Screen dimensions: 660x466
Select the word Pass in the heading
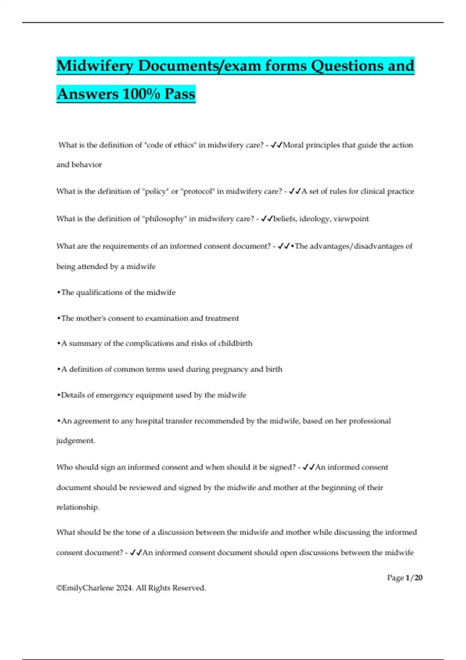coord(179,94)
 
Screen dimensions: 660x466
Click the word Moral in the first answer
coord(293,145)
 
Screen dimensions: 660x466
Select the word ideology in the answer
coord(315,219)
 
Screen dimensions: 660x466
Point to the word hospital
coord(150,421)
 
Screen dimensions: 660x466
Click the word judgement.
coord(75,441)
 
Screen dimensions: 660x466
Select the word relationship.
coord(78,507)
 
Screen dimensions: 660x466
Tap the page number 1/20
coord(414,578)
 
